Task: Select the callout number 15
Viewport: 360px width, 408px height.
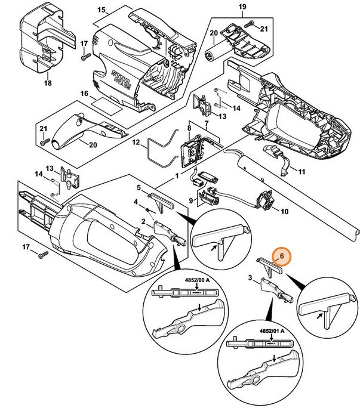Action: pos(101,11)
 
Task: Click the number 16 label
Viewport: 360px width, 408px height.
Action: pos(84,94)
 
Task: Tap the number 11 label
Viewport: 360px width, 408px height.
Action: pos(301,172)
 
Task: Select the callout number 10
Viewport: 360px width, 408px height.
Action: pos(284,211)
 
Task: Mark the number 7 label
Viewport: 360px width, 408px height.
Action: pos(207,123)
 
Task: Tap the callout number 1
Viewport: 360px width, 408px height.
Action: pos(177,177)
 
